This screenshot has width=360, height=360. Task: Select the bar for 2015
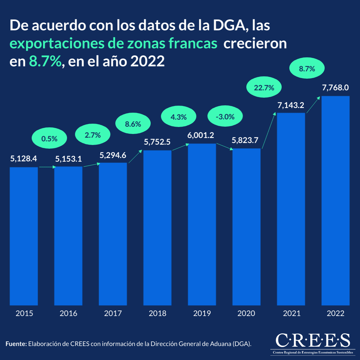[24, 236]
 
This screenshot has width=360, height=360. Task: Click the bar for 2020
[246, 227]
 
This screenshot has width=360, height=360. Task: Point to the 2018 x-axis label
[157, 313]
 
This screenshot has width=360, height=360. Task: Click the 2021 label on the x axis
[291, 313]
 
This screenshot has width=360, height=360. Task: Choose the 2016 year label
[68, 313]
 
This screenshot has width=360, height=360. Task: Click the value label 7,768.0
[335, 88]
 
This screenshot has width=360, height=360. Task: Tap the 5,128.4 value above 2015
[24, 159]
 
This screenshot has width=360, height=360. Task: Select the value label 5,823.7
[246, 140]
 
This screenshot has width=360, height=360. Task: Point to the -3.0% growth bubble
[225, 117]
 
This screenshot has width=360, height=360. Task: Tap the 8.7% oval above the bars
[307, 69]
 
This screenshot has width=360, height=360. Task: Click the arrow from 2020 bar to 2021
[269, 132]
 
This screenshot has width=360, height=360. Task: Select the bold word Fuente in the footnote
[16, 343]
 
